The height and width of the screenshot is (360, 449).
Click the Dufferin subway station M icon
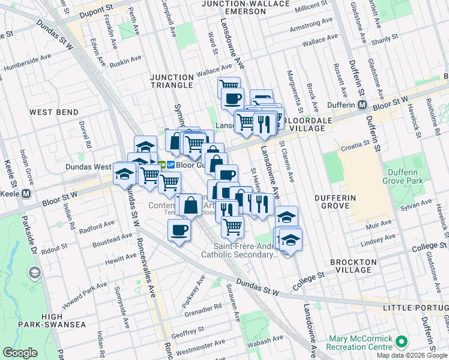point(362,104)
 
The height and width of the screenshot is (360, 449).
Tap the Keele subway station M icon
point(25,194)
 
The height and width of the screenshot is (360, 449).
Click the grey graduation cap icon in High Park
point(34,273)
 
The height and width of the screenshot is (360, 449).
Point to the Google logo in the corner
point(20,353)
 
